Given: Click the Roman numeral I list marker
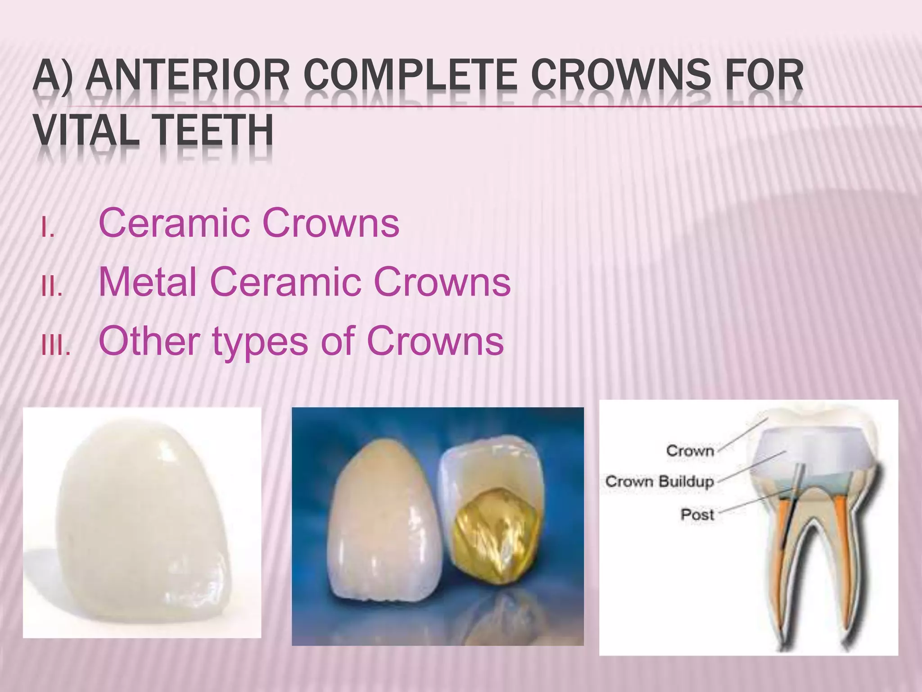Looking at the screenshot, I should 47,229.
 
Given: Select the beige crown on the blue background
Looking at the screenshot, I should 383,523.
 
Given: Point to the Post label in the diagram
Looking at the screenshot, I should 697,514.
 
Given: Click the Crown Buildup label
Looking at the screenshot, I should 660,481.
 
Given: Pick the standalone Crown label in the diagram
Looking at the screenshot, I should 690,451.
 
